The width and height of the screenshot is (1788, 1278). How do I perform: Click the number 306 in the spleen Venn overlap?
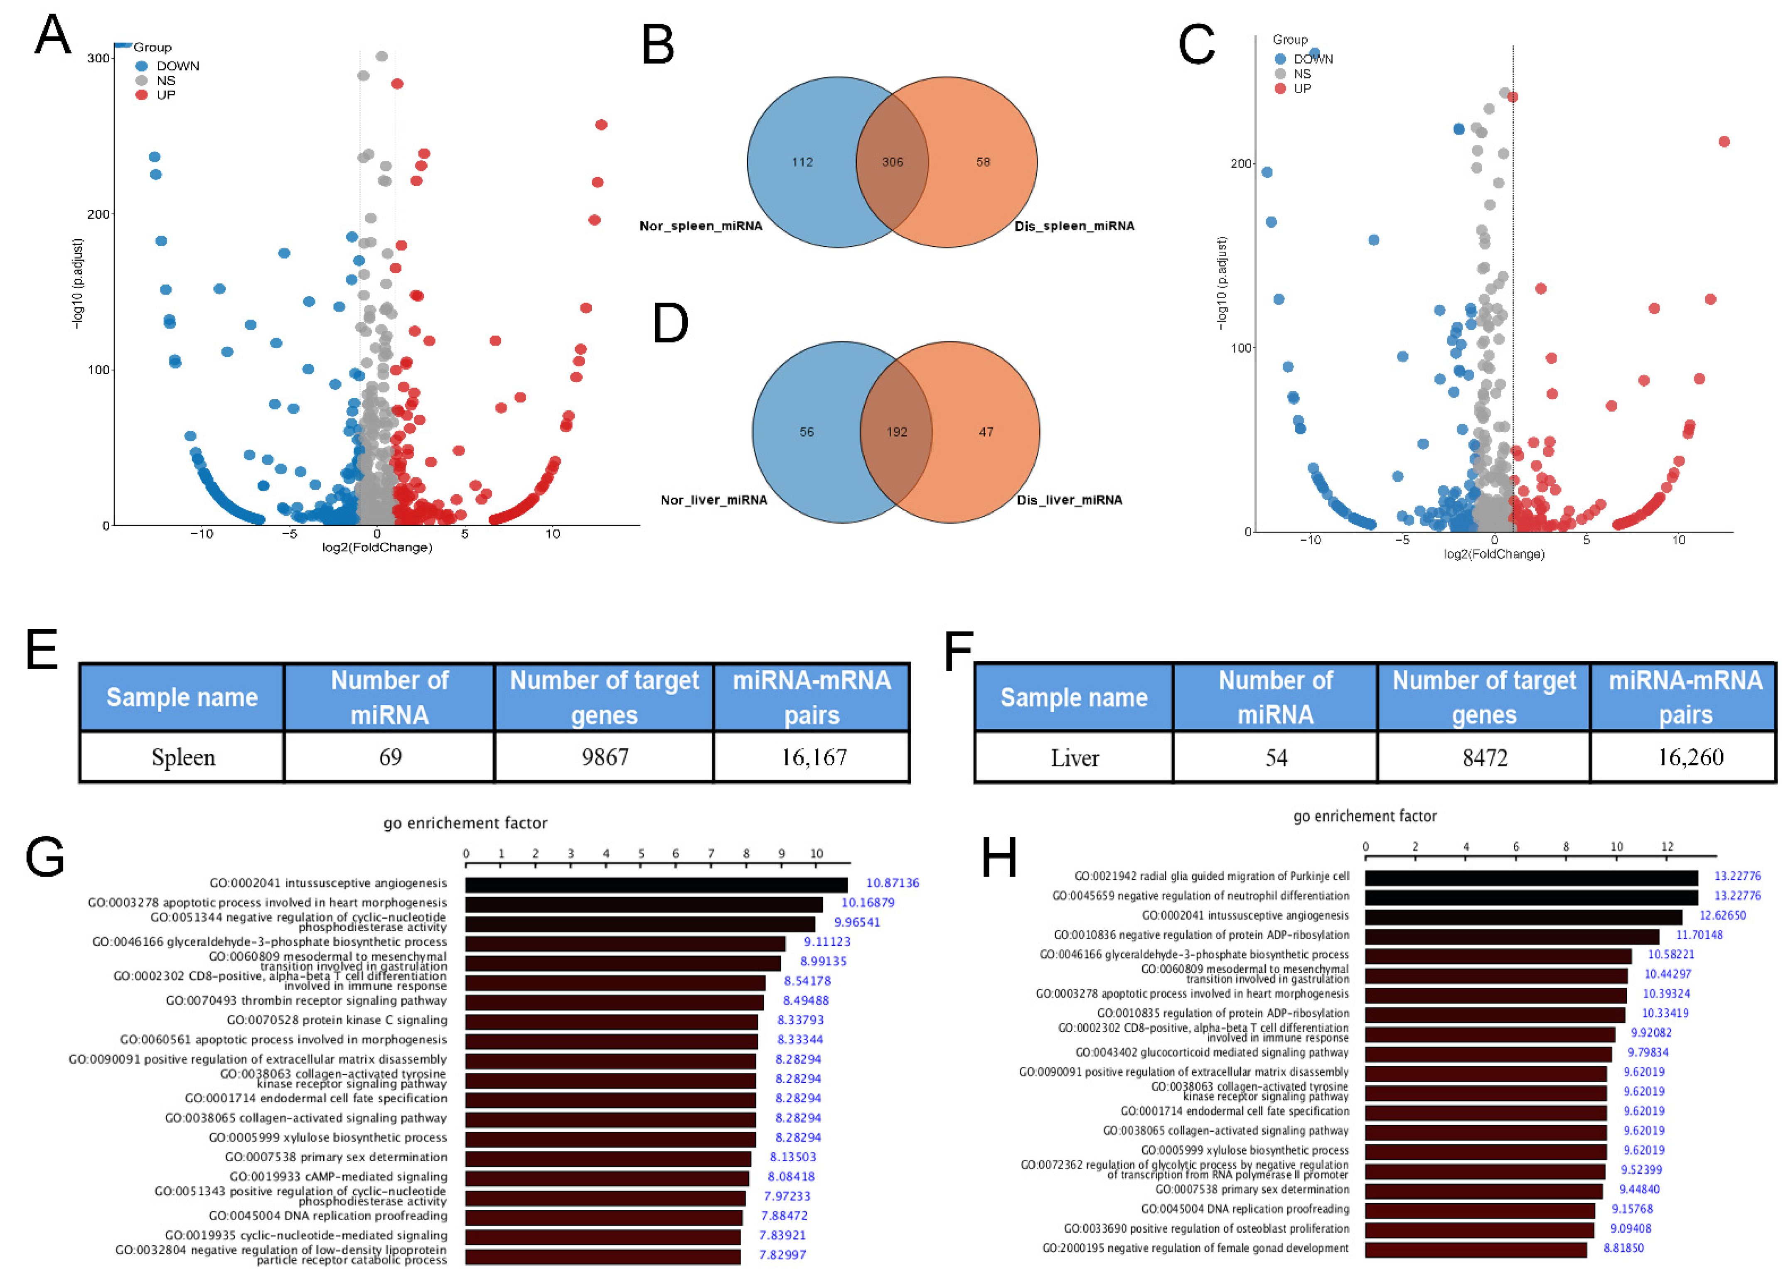pos(892,162)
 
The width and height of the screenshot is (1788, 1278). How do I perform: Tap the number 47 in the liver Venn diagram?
pos(986,432)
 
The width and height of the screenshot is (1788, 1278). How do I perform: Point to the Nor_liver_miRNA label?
pos(713,500)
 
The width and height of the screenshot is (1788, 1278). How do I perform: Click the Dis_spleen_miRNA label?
pos(1074,226)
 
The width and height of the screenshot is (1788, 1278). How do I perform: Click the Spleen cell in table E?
pos(183,757)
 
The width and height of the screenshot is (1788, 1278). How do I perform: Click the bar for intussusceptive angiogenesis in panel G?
pos(656,885)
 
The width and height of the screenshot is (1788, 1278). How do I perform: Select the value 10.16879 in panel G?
pos(868,903)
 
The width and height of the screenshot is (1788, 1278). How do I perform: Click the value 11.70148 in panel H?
pos(1699,935)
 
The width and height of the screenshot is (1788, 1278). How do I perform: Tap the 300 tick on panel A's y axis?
pos(98,58)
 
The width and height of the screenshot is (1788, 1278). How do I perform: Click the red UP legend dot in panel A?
pos(142,95)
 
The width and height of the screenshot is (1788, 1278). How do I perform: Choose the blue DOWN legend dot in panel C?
pos(1280,59)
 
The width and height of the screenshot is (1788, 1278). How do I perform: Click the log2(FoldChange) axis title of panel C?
pos(1493,554)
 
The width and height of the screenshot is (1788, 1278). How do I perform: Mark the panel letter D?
pos(671,324)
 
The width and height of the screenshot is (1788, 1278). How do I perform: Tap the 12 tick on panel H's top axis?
pos(1667,847)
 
